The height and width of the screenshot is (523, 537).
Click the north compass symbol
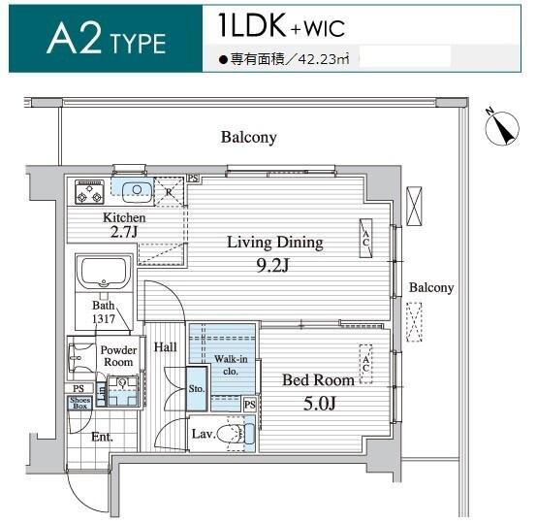point(502,127)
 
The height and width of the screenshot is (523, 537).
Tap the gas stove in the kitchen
point(89,191)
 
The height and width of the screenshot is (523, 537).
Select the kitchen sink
point(137,192)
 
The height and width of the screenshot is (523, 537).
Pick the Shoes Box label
point(80,403)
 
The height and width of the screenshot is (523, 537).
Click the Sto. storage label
point(197,389)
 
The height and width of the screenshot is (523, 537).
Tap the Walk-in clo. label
point(231,365)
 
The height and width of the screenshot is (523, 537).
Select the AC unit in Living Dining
point(365,238)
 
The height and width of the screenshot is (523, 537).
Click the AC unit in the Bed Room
point(365,364)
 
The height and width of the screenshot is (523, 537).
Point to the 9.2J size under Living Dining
point(272,265)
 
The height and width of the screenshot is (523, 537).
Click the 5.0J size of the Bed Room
point(319,403)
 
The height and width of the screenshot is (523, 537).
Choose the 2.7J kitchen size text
point(124,232)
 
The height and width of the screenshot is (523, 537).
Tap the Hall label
point(166,347)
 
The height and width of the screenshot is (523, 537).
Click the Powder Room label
point(118,356)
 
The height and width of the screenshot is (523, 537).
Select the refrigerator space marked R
point(169,192)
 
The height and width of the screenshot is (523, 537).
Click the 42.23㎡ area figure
point(324,59)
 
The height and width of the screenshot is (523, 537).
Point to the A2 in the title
point(75,38)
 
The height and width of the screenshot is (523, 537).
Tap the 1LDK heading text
point(252,25)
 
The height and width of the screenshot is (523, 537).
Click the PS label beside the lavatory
point(250,405)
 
